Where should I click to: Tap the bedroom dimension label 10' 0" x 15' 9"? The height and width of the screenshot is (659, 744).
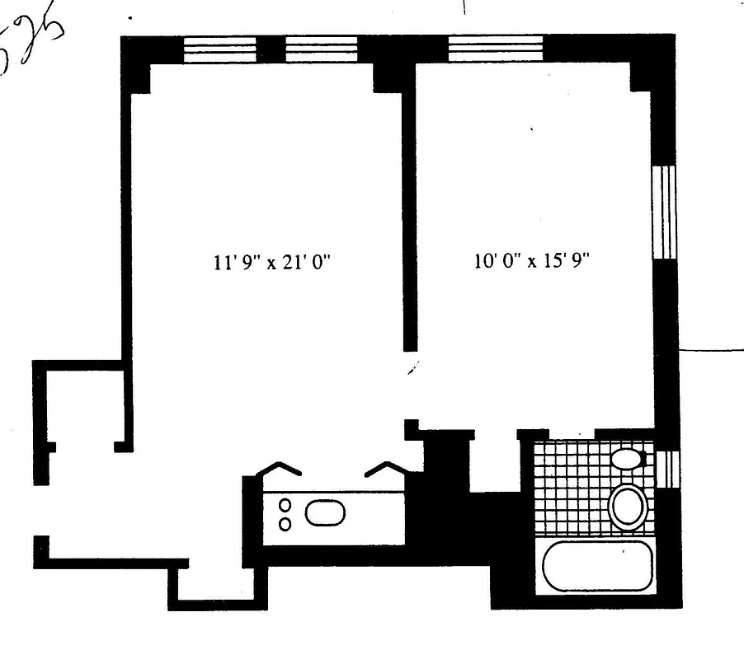pos(534,263)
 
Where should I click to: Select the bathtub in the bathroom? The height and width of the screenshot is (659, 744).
pos(598,565)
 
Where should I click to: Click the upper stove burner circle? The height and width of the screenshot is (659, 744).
pos(285,505)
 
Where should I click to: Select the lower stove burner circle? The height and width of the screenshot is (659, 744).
pos(285,523)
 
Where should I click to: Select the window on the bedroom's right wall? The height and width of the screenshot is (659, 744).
pos(665,213)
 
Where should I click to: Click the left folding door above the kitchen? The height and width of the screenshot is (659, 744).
pos(281,470)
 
